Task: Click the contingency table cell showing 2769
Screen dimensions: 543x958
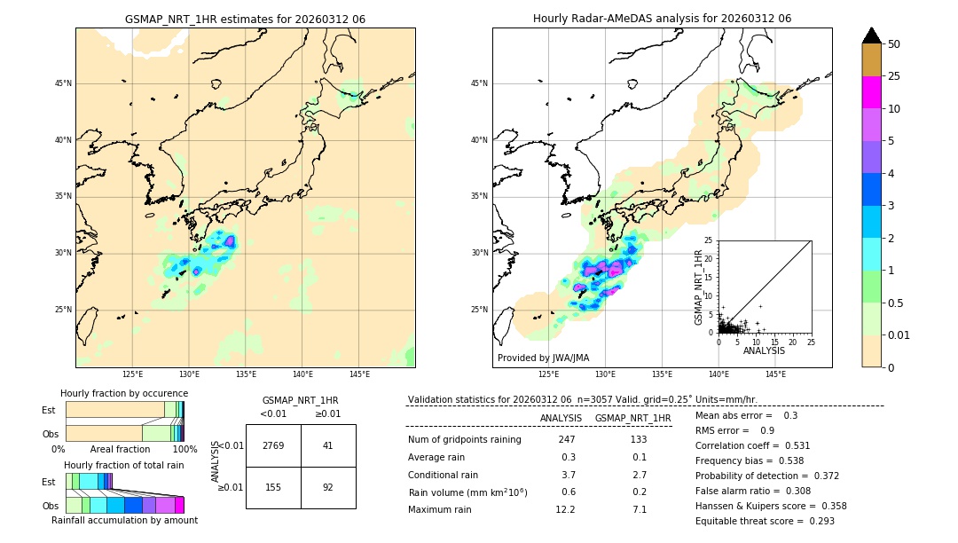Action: pyautogui.click(x=273, y=445)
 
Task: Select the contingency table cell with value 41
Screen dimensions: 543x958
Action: pyautogui.click(x=328, y=445)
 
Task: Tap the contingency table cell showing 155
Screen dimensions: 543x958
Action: pyautogui.click(x=273, y=487)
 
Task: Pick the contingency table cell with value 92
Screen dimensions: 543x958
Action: pyautogui.click(x=328, y=487)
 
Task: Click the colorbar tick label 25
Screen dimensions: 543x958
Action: pyautogui.click(x=894, y=76)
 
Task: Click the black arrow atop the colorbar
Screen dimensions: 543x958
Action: pyautogui.click(x=872, y=35)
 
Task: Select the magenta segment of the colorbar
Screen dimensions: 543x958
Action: pyautogui.click(x=872, y=92)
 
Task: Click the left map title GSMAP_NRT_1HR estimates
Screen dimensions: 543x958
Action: pyautogui.click(x=245, y=19)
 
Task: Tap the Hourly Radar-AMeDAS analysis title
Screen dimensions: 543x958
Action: pyautogui.click(x=662, y=19)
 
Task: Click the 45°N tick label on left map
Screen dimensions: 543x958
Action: pyautogui.click(x=63, y=83)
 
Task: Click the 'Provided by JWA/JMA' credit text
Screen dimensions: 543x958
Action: pyautogui.click(x=543, y=358)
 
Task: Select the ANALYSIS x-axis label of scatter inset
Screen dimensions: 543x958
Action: pyautogui.click(x=764, y=350)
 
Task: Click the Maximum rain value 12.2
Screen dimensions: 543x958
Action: pyautogui.click(x=566, y=509)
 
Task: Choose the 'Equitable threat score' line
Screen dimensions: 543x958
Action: pyautogui.click(x=765, y=521)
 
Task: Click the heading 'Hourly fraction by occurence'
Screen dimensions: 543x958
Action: pyautogui.click(x=124, y=393)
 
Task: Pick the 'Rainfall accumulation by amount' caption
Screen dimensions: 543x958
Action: pyautogui.click(x=124, y=520)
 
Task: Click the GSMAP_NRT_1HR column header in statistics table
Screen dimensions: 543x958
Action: pyautogui.click(x=632, y=418)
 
